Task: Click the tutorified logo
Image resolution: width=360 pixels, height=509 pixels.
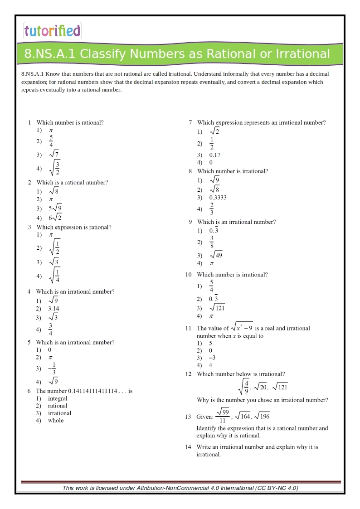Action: (x=52, y=31)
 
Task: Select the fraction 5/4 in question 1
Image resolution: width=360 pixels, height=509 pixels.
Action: (x=51, y=141)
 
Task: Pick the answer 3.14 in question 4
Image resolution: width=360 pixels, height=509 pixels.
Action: (x=54, y=309)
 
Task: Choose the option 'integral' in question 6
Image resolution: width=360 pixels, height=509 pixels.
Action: (x=58, y=399)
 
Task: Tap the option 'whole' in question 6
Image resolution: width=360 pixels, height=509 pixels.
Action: (x=56, y=421)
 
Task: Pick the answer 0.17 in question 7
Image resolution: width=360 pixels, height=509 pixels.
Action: (x=215, y=155)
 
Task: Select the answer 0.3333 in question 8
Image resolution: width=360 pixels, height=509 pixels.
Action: (x=218, y=198)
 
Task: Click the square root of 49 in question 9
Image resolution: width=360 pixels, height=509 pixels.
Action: (x=216, y=255)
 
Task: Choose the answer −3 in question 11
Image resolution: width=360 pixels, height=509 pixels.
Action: (x=212, y=358)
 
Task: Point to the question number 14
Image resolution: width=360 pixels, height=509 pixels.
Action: (x=188, y=447)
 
